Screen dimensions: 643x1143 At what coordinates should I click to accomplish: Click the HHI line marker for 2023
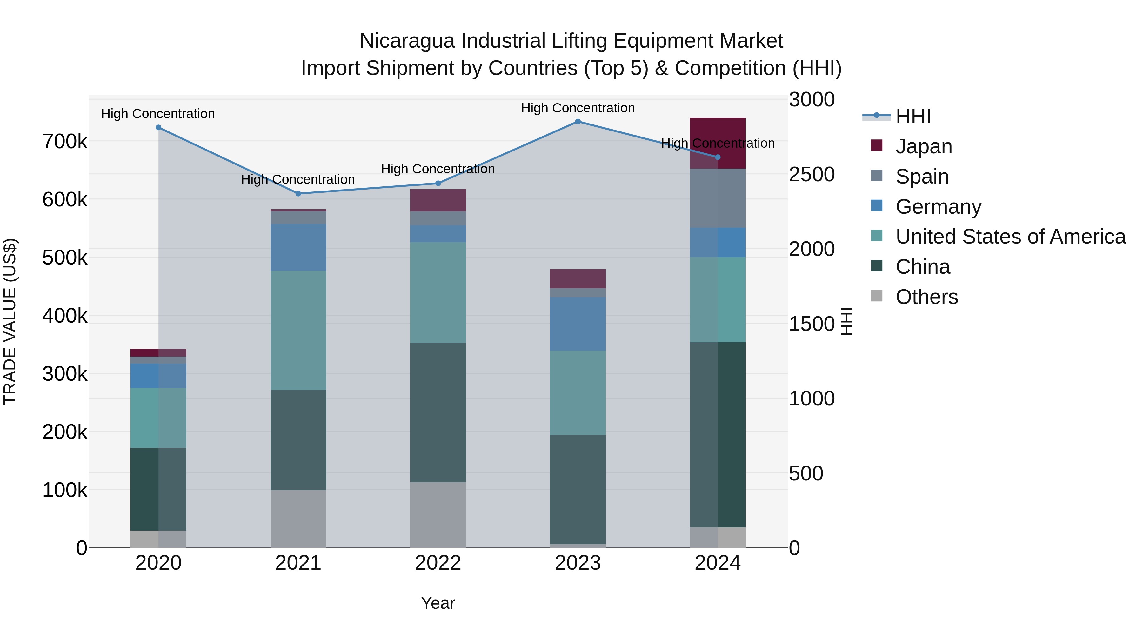click(578, 122)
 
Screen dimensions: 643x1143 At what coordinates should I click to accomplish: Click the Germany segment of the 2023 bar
click(578, 324)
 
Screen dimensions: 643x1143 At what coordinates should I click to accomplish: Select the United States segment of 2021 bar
click(298, 330)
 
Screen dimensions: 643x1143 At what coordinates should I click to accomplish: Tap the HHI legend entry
click(913, 116)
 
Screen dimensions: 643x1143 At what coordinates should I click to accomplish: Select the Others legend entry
click(926, 297)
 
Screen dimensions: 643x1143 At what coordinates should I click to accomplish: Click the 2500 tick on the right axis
click(812, 174)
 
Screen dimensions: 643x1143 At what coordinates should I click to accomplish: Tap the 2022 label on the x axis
click(438, 563)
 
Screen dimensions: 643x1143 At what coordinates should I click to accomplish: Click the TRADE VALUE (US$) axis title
click(10, 321)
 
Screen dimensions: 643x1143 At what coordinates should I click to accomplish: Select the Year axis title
click(438, 603)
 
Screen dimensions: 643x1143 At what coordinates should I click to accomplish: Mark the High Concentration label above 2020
click(158, 114)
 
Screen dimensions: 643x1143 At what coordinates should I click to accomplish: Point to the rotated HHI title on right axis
click(846, 321)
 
